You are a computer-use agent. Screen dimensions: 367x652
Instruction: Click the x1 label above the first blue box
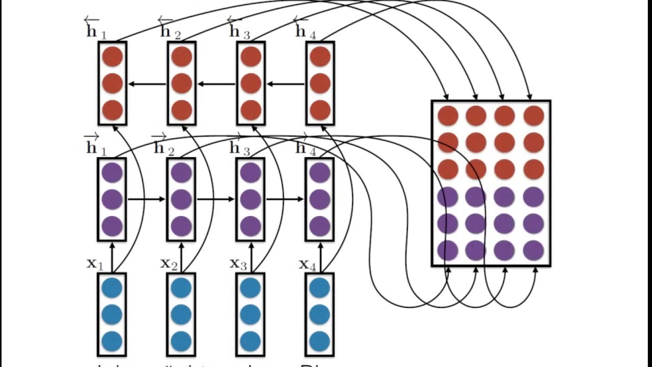(x=95, y=264)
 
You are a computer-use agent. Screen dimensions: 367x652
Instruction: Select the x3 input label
(x=238, y=264)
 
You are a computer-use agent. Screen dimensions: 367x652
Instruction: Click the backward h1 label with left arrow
(x=96, y=29)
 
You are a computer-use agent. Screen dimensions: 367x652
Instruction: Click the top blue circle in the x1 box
(x=112, y=288)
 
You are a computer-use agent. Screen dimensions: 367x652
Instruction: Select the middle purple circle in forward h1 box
(x=112, y=199)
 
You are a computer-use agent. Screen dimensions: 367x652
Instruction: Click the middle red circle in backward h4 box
(x=320, y=83)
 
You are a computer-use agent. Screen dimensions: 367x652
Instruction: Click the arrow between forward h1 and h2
(x=146, y=199)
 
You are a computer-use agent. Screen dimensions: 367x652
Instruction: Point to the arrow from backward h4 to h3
(x=285, y=84)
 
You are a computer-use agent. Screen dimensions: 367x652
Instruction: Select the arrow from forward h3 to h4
(x=285, y=199)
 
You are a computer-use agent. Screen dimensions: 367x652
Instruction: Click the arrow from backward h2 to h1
(x=147, y=84)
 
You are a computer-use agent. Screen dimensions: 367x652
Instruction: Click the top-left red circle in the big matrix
(x=448, y=116)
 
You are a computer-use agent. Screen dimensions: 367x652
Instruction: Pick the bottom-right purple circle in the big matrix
(x=533, y=250)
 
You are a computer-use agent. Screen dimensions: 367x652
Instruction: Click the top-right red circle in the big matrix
(x=533, y=116)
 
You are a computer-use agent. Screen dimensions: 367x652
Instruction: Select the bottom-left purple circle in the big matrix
(x=448, y=250)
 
